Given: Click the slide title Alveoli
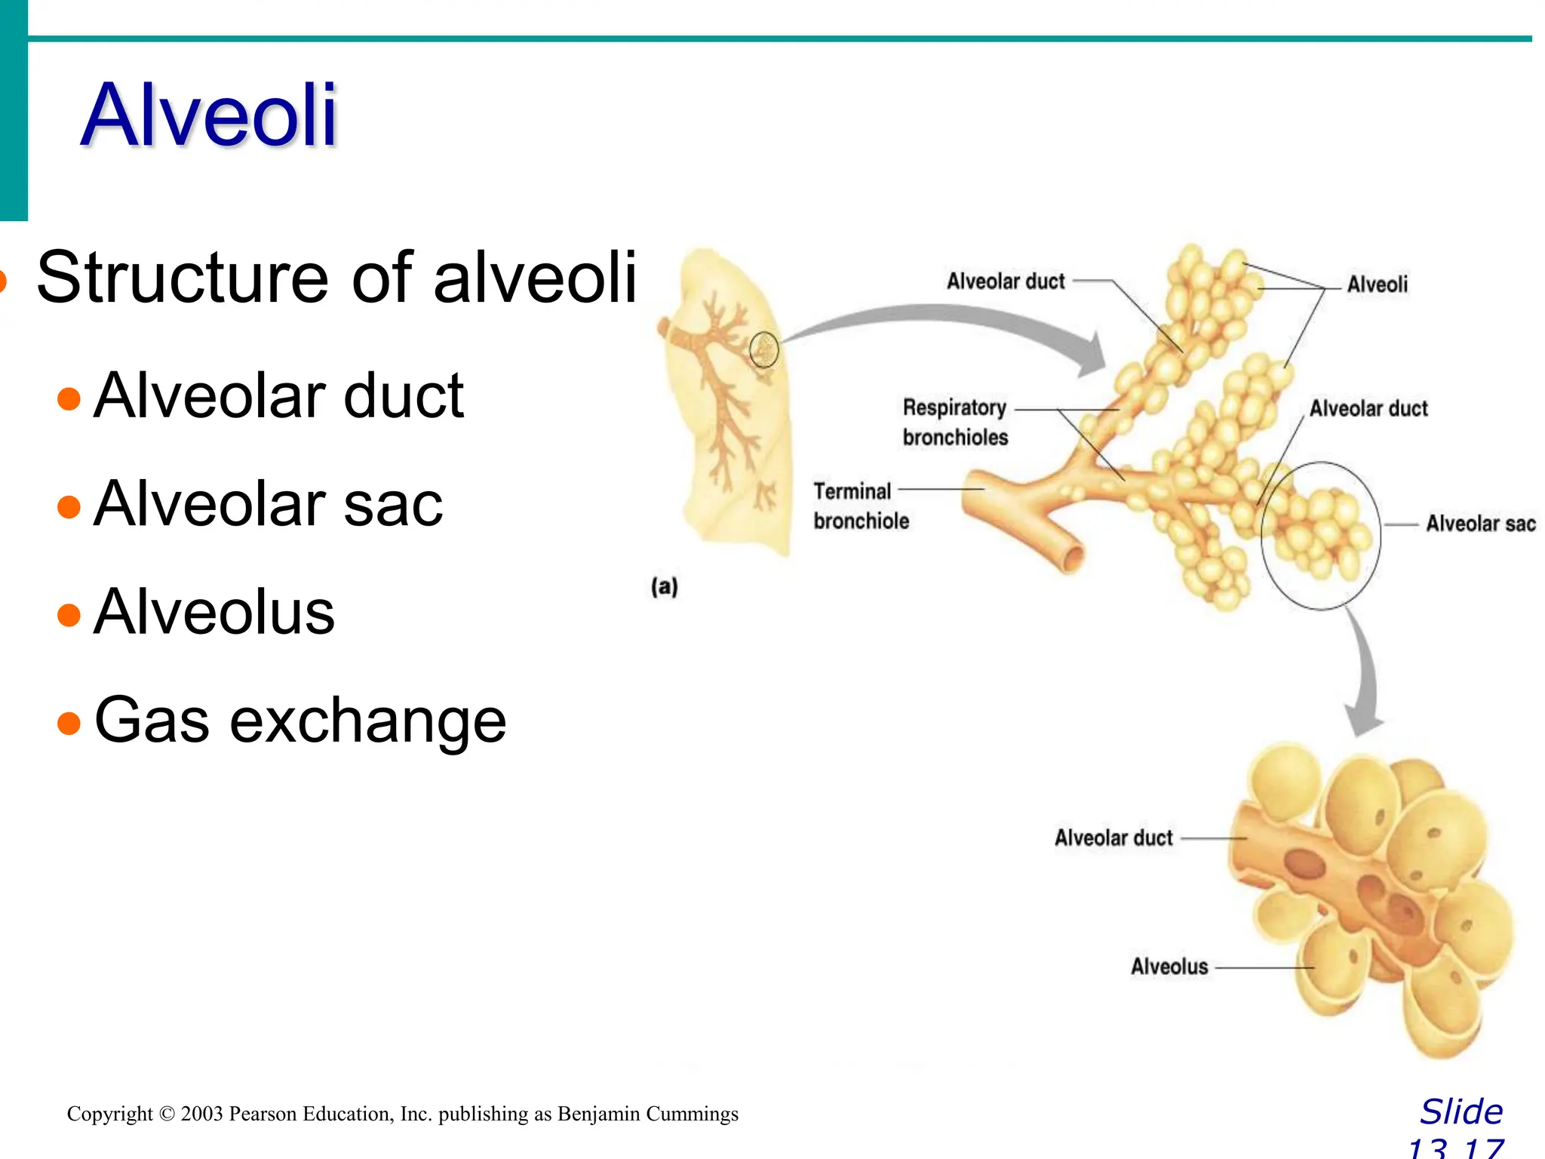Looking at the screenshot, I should (209, 115).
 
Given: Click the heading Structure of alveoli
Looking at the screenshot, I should (336, 277).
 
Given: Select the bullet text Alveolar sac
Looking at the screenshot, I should (268, 503).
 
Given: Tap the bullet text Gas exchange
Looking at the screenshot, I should (299, 720).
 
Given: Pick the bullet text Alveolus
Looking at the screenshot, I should (214, 611).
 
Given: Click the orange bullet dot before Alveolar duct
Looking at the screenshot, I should (69, 398).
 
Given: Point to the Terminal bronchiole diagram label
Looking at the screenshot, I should (861, 506).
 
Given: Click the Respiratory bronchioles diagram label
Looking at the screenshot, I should (954, 422).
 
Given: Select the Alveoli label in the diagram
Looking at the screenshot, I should (1377, 284).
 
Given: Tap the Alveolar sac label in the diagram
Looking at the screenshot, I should (1480, 524).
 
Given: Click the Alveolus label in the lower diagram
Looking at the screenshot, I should (1169, 967).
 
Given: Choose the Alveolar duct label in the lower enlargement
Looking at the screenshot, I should (1113, 838).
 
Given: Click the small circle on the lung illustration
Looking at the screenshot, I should (763, 350).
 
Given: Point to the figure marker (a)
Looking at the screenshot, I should (665, 586).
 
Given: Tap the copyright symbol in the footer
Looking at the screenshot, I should (167, 1114).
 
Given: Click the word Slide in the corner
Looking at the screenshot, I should (1461, 1112).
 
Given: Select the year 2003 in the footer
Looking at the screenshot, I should (201, 1114).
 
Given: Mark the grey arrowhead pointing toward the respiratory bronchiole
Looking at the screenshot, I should (1092, 355).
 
